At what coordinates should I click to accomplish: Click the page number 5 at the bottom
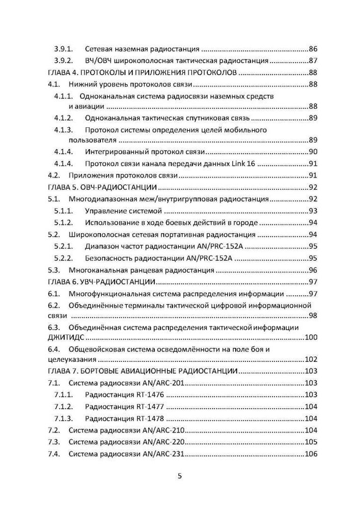(x=179, y=476)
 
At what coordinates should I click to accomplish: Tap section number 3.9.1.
(x=64, y=49)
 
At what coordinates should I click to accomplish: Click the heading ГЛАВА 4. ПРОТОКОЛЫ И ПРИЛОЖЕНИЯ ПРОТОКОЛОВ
(x=142, y=73)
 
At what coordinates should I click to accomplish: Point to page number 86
(x=313, y=49)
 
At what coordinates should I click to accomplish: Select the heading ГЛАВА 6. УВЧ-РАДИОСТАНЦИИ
(x=101, y=282)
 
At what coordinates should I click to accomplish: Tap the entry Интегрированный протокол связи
(x=145, y=152)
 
